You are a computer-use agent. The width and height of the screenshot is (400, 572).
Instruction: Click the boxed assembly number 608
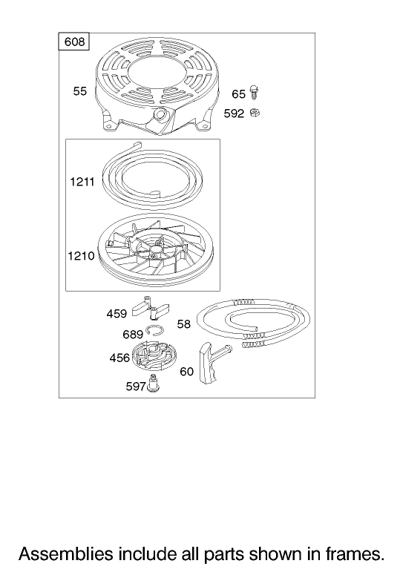pyautogui.click(x=74, y=42)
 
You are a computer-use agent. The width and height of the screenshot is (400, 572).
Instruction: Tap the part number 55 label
pyautogui.click(x=80, y=91)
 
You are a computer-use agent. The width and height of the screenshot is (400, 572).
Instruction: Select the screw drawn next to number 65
pyautogui.click(x=254, y=92)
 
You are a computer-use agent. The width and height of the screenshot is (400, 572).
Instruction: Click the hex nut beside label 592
pyautogui.click(x=255, y=113)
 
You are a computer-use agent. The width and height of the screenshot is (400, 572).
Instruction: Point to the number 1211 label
pyautogui.click(x=82, y=181)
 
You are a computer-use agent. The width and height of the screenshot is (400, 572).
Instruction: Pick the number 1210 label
pyautogui.click(x=82, y=256)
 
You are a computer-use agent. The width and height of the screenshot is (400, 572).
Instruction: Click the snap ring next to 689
pyautogui.click(x=155, y=330)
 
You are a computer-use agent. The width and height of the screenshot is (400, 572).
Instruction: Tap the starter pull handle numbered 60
pyautogui.click(x=212, y=363)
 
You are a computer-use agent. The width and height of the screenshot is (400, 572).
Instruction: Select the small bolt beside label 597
pyautogui.click(x=153, y=384)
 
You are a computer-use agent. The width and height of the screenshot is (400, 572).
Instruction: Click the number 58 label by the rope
pyautogui.click(x=183, y=324)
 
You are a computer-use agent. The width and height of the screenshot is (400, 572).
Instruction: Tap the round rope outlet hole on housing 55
pyautogui.click(x=160, y=114)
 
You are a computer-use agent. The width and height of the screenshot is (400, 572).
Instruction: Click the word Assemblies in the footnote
pyautogui.click(x=66, y=553)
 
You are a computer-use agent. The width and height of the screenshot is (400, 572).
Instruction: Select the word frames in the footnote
pyautogui.click(x=353, y=553)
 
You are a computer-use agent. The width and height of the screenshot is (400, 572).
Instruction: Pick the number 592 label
pyautogui.click(x=234, y=114)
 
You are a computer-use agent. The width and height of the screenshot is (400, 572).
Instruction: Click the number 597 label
pyautogui.click(x=136, y=387)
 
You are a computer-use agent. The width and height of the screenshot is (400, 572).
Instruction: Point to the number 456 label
pyautogui.click(x=119, y=358)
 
